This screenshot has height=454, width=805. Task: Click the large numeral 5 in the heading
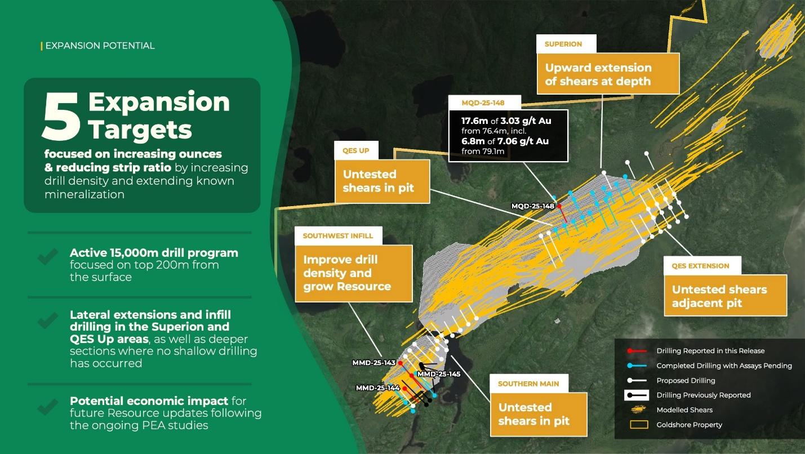point(61,116)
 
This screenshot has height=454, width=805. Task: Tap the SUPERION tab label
point(563,44)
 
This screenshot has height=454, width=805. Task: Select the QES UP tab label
point(356,150)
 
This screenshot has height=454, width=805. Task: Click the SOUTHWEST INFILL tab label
point(338,236)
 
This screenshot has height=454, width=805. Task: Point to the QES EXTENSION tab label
point(700,266)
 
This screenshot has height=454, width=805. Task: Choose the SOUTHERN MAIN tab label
point(528,384)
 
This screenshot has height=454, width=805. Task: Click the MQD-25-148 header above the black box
point(483,103)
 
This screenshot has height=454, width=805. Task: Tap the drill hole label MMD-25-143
point(373,363)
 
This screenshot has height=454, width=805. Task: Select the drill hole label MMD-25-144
point(377,388)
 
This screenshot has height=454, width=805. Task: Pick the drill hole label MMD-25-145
point(439,374)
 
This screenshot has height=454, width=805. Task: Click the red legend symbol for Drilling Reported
point(637,351)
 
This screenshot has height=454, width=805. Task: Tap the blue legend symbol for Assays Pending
point(637,366)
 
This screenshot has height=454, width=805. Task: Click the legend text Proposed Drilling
point(686,380)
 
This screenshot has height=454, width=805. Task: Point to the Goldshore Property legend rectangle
point(639,425)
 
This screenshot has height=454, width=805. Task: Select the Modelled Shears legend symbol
point(638,410)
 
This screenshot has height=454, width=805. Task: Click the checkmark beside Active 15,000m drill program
point(47,256)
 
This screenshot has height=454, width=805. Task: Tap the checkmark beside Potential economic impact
point(47,407)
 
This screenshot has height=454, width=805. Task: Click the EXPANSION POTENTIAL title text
point(100,46)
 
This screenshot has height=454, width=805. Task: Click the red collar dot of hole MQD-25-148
point(559,206)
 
